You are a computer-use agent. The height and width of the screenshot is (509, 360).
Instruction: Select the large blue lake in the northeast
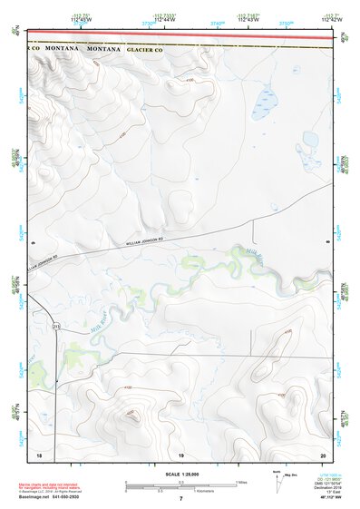point(267,98)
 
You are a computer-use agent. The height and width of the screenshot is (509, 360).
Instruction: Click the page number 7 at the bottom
point(180,499)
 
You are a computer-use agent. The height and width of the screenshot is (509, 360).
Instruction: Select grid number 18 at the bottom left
point(39,453)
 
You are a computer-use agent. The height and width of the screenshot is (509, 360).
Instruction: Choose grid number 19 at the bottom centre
point(180,453)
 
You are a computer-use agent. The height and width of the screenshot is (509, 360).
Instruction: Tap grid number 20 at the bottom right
point(322,453)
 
